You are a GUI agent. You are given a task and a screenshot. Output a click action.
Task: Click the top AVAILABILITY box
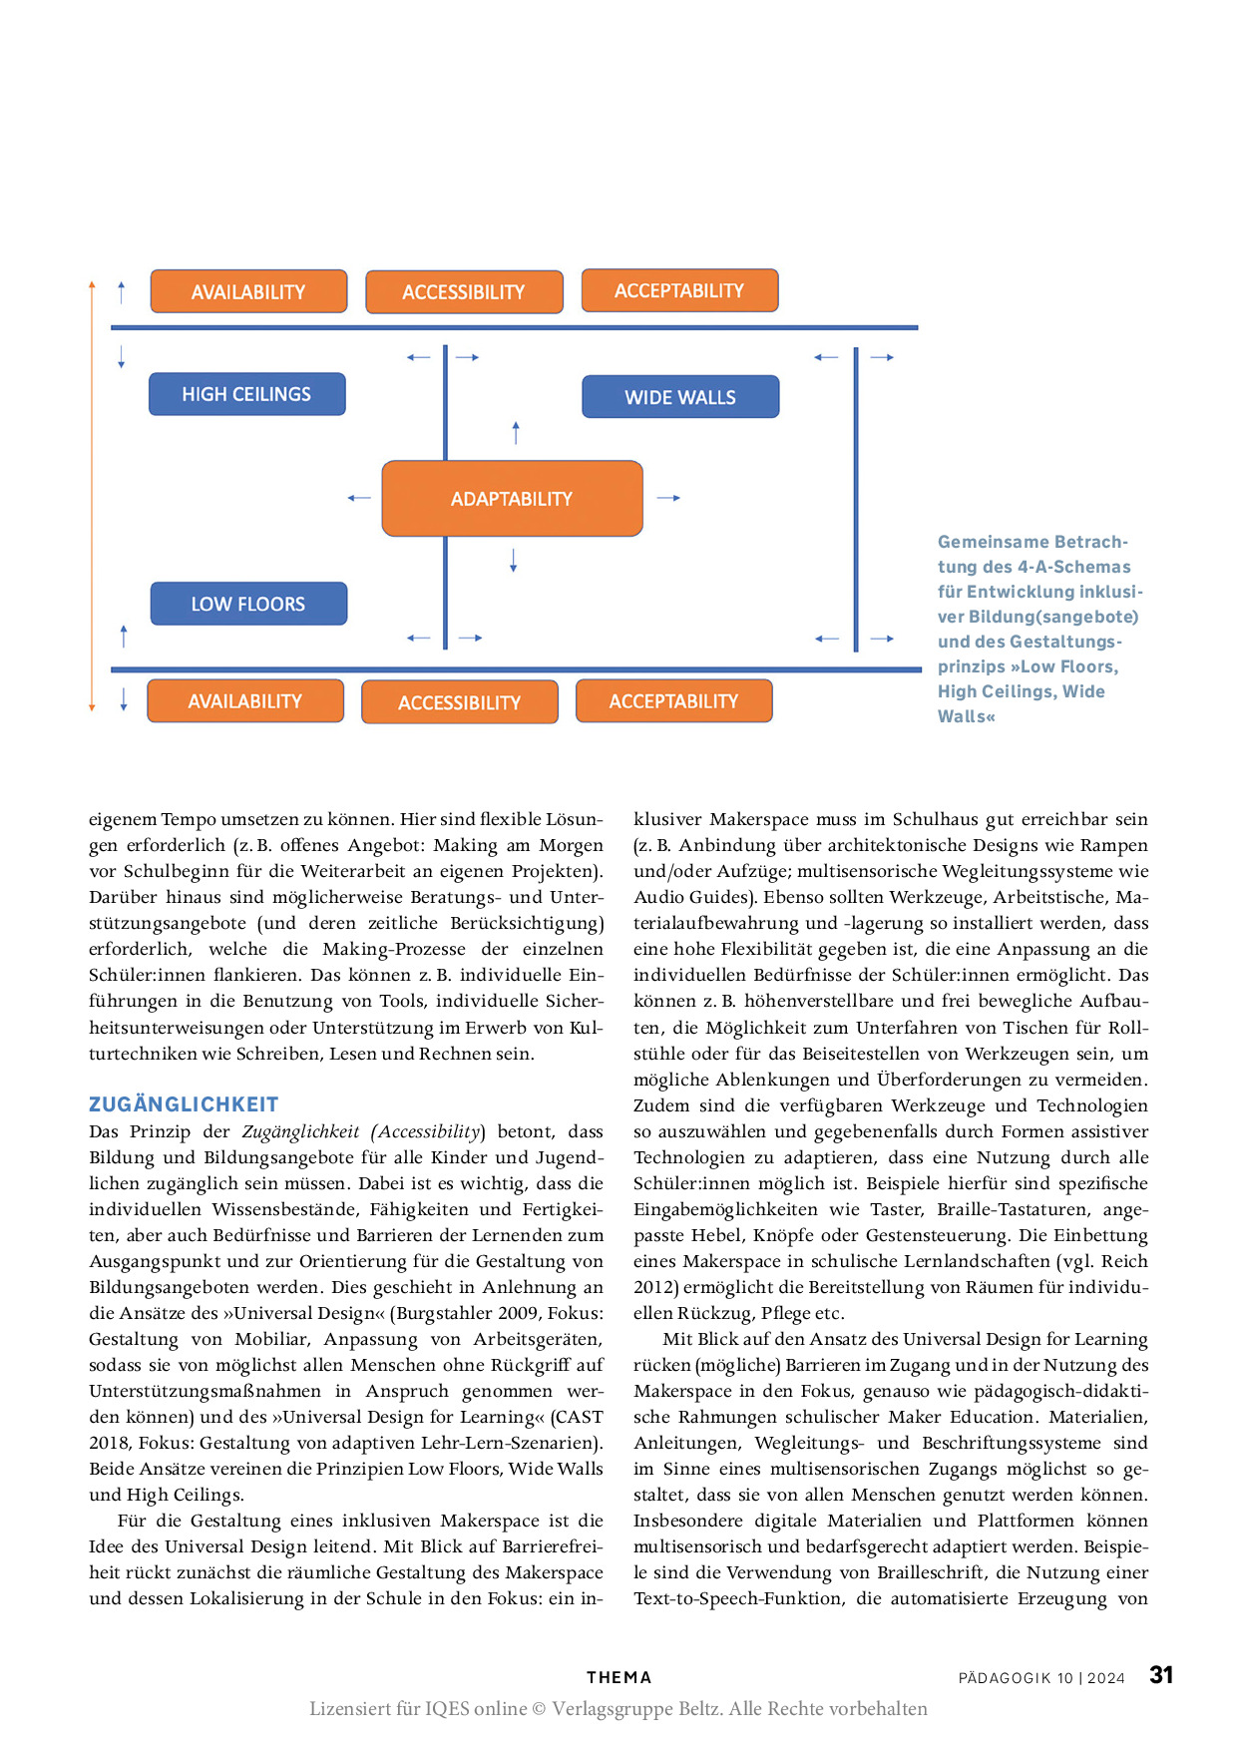(248, 291)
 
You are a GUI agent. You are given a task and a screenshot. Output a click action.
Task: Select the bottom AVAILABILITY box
(245, 701)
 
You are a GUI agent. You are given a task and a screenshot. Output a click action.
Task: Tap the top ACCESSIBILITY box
(464, 292)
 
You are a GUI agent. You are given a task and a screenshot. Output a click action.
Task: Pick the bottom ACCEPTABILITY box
(673, 701)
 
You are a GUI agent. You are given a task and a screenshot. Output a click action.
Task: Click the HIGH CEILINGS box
(246, 394)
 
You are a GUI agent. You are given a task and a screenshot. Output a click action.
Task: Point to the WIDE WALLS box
(680, 397)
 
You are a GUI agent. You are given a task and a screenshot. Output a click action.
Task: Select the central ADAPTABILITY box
(512, 499)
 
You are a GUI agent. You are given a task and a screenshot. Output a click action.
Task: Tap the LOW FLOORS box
(248, 604)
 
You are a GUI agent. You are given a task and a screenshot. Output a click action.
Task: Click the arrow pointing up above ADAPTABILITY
(516, 432)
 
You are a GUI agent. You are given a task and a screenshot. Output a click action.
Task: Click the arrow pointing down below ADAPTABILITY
(514, 561)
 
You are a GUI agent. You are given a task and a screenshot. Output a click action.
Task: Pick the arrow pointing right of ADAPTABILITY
(668, 498)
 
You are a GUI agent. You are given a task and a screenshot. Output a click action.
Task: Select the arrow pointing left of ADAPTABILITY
(359, 498)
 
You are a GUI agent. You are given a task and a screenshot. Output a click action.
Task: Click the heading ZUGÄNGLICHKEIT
(184, 1104)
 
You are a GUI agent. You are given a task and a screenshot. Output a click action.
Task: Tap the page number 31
(1161, 1675)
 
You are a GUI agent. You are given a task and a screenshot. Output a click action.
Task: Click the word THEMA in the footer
(618, 1678)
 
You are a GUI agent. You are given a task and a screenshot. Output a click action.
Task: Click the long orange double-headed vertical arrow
(92, 496)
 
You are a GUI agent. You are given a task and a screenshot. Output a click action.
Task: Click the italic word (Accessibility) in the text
(428, 1131)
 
